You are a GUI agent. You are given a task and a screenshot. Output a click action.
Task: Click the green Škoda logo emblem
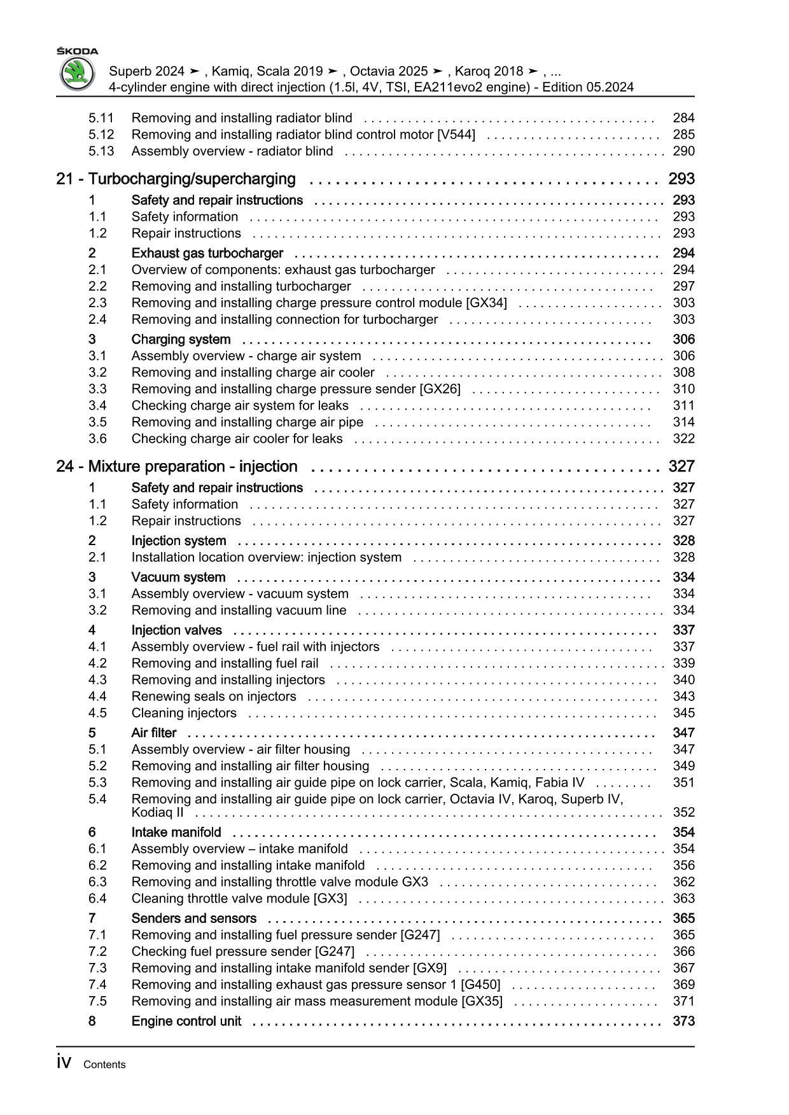[x=77, y=74]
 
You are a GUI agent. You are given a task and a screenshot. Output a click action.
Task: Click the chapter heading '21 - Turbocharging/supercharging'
[x=176, y=179]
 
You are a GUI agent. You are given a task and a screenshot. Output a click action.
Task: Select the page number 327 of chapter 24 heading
[x=681, y=467]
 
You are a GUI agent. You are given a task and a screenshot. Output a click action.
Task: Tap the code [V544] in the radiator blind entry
[x=456, y=135]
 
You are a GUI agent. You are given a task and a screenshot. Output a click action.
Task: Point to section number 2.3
[x=97, y=303]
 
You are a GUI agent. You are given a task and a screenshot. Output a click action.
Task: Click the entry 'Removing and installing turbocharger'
[x=241, y=286]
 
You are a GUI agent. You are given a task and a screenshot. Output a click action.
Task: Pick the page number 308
[x=683, y=373]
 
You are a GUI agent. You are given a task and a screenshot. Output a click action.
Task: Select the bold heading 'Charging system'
[x=181, y=340]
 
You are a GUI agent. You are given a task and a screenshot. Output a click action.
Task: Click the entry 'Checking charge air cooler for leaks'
[x=237, y=439]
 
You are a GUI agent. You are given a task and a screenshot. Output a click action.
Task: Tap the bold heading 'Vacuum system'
[x=178, y=578]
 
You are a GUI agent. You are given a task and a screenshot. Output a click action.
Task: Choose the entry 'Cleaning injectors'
[x=184, y=713]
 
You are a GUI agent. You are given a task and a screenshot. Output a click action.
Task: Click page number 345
[x=683, y=713]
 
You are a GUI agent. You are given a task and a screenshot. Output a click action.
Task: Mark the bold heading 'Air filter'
[x=154, y=733]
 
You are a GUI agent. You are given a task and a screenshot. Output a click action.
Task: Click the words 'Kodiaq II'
[x=157, y=812]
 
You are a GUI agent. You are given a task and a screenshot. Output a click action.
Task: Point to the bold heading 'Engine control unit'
[x=186, y=1022]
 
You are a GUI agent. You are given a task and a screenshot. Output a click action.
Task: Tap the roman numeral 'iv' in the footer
[x=64, y=1063]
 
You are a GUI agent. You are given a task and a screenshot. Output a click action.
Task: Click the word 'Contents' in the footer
[x=104, y=1065]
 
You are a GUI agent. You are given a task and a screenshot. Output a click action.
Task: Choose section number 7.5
[x=97, y=1001]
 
